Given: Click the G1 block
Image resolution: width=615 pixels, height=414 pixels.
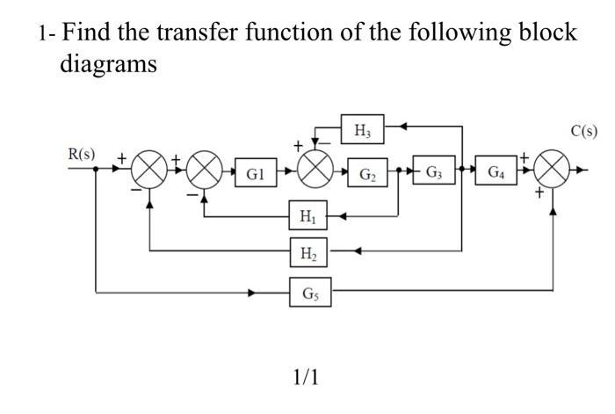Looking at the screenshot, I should [253, 173].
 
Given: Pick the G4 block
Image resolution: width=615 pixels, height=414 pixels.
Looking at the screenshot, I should [496, 171].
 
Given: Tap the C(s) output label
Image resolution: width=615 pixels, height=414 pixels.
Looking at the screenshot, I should [583, 132].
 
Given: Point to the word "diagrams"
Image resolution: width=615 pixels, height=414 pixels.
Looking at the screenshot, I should [108, 63].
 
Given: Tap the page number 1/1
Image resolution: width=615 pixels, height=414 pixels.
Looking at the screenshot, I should [306, 377].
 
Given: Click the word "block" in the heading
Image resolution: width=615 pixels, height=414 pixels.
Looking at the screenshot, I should [546, 33].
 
